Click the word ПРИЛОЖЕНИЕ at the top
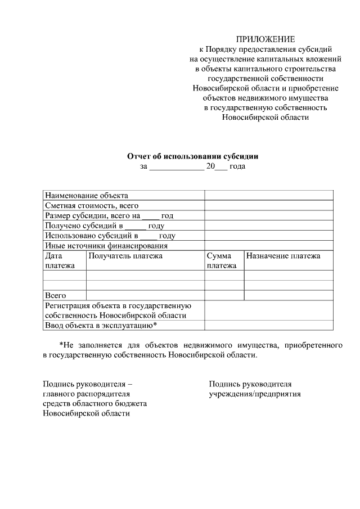click(x=265, y=39)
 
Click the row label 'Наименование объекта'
click(x=87, y=196)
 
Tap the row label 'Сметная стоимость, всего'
click(x=92, y=206)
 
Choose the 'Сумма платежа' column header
click(x=221, y=261)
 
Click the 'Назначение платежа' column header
click(x=283, y=256)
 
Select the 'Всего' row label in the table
click(x=56, y=295)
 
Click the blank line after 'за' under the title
click(x=177, y=167)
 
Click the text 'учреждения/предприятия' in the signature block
click(x=255, y=394)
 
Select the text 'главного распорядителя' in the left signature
click(x=87, y=394)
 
